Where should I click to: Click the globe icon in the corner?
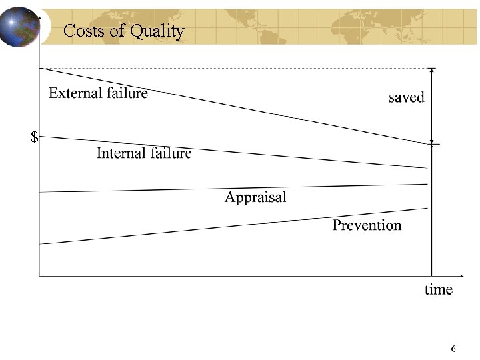coord(20,27)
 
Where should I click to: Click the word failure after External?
coord(127,93)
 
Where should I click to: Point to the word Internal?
coord(121,153)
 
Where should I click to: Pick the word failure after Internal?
coord(170,153)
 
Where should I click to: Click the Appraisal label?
coord(255,197)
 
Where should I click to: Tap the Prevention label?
coord(367,225)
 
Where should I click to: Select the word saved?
coord(406,97)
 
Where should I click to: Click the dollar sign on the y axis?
coord(34,138)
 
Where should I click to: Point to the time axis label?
coord(439,289)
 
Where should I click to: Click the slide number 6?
coord(453,349)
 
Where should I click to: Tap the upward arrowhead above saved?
coord(432,71)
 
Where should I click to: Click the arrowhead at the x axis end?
coord(462,275)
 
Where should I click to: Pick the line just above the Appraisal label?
coord(233,188)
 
